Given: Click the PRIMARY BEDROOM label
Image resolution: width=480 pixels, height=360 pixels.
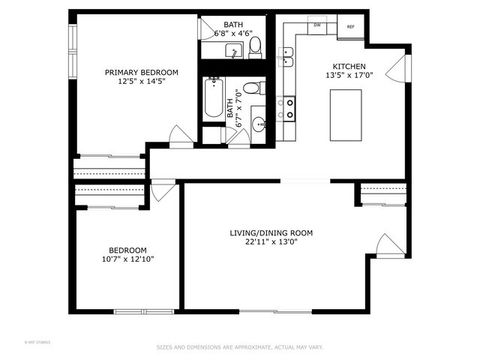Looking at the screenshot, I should pyautogui.click(x=142, y=73).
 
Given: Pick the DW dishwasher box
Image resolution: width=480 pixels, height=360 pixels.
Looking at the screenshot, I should pyautogui.click(x=317, y=25).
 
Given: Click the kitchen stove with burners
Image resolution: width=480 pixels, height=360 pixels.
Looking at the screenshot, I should pyautogui.click(x=289, y=104).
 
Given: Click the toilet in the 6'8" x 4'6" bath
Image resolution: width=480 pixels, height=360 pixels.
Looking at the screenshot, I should pyautogui.click(x=255, y=45).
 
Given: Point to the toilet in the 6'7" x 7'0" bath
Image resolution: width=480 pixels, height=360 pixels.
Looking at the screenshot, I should pyautogui.click(x=252, y=89).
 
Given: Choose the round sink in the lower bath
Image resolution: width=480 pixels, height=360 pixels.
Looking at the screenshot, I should pyautogui.click(x=257, y=124).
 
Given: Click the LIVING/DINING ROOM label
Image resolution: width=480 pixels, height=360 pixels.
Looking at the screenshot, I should pyautogui.click(x=271, y=233).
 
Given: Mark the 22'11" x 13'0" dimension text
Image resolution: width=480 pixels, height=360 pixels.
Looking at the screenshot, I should pyautogui.click(x=271, y=244).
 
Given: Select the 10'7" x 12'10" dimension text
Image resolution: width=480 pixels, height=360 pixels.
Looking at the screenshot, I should pyautogui.click(x=127, y=260).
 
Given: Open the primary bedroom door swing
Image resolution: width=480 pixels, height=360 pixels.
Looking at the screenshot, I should pyautogui.click(x=180, y=137).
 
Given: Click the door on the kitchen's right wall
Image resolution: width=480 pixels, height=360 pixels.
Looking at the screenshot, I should pyautogui.click(x=405, y=67).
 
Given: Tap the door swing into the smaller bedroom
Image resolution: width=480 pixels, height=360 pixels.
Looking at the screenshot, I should pyautogui.click(x=163, y=191).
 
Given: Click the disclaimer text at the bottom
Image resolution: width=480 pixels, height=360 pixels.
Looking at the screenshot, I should pyautogui.click(x=240, y=348).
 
